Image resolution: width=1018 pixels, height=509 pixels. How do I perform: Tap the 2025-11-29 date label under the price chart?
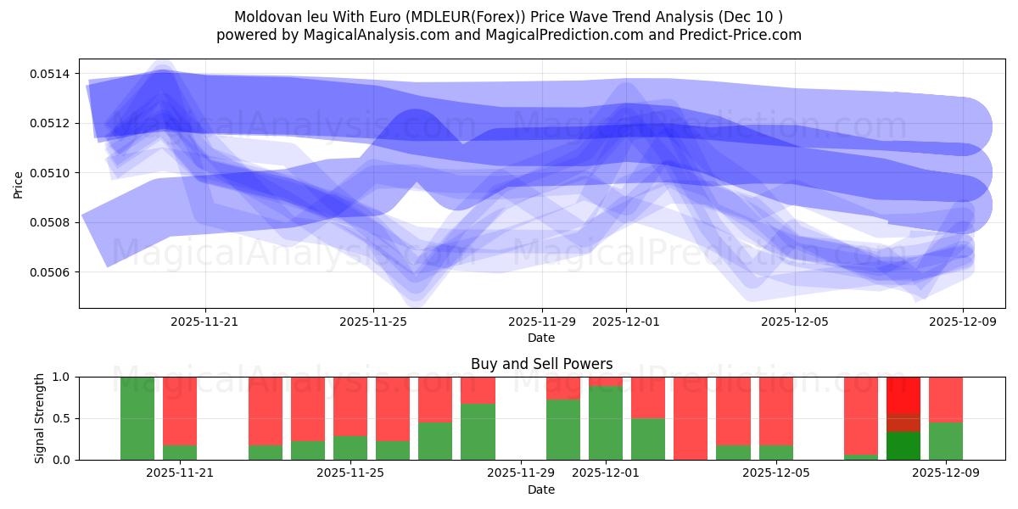[541, 322]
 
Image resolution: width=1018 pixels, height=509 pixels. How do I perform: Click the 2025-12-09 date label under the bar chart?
[945, 473]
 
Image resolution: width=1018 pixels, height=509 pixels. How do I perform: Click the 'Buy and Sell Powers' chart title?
[541, 364]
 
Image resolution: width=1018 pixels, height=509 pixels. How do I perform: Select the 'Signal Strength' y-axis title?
[40, 418]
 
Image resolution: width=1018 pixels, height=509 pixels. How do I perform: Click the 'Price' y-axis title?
[19, 183]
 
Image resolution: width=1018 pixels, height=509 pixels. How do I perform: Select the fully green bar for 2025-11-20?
[137, 418]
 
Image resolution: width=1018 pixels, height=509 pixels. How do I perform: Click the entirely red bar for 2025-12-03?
[691, 418]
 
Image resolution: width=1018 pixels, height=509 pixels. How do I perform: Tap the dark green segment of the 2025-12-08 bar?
[903, 445]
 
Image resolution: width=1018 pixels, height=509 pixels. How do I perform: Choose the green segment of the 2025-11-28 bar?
[478, 432]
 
